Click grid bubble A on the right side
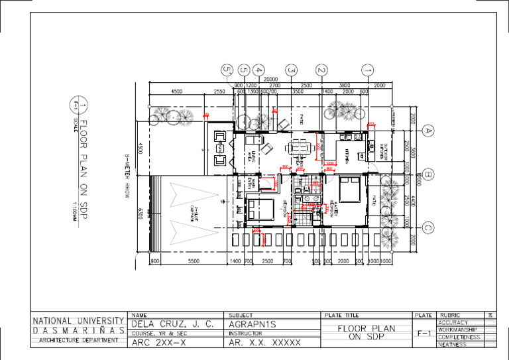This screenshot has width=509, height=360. point(429,131)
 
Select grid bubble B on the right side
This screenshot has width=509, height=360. point(429,176)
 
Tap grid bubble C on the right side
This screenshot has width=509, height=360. point(429,229)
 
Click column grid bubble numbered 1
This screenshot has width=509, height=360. point(368,69)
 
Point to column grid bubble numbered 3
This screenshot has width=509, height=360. point(290,69)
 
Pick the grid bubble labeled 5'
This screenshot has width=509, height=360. point(227,69)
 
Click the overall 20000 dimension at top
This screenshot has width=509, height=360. point(270,80)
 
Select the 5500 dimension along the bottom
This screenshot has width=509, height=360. point(194,262)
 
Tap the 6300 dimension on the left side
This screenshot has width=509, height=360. point(140,213)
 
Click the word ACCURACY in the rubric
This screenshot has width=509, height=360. point(453,323)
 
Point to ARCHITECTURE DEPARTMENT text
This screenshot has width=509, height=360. point(78,340)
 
